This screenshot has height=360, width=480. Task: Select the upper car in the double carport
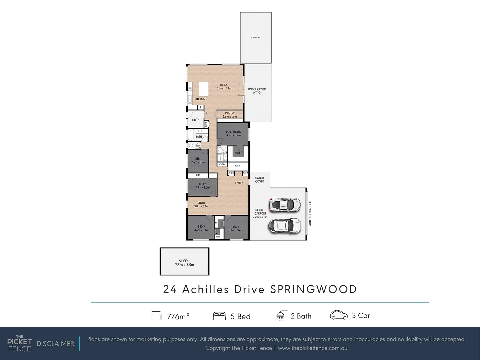(285, 205)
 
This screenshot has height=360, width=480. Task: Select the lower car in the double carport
(284, 226)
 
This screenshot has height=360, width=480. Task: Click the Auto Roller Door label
(310, 213)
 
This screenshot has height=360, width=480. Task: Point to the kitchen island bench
(203, 89)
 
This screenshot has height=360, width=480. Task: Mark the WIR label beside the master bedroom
(238, 154)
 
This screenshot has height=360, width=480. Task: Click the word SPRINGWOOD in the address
(313, 289)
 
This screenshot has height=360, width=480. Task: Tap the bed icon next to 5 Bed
(219, 316)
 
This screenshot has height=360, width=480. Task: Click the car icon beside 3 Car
(339, 315)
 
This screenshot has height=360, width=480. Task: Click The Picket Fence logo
(19, 344)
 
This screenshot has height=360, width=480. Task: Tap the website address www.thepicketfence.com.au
(312, 348)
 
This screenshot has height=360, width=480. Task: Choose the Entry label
(239, 183)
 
